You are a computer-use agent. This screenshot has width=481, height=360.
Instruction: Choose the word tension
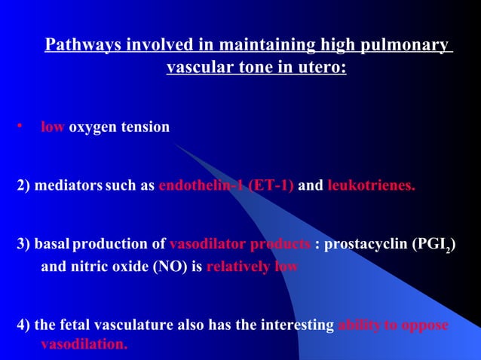(145, 127)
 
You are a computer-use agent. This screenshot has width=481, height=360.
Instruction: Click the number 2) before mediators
(23, 186)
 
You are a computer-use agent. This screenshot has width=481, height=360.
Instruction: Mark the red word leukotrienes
(371, 186)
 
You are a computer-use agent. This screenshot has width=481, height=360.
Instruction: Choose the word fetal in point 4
(73, 325)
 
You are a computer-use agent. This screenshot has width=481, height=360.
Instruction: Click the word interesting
(296, 325)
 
